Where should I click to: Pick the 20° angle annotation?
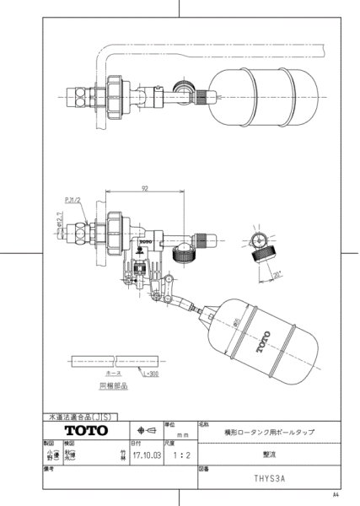[x=277, y=272]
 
